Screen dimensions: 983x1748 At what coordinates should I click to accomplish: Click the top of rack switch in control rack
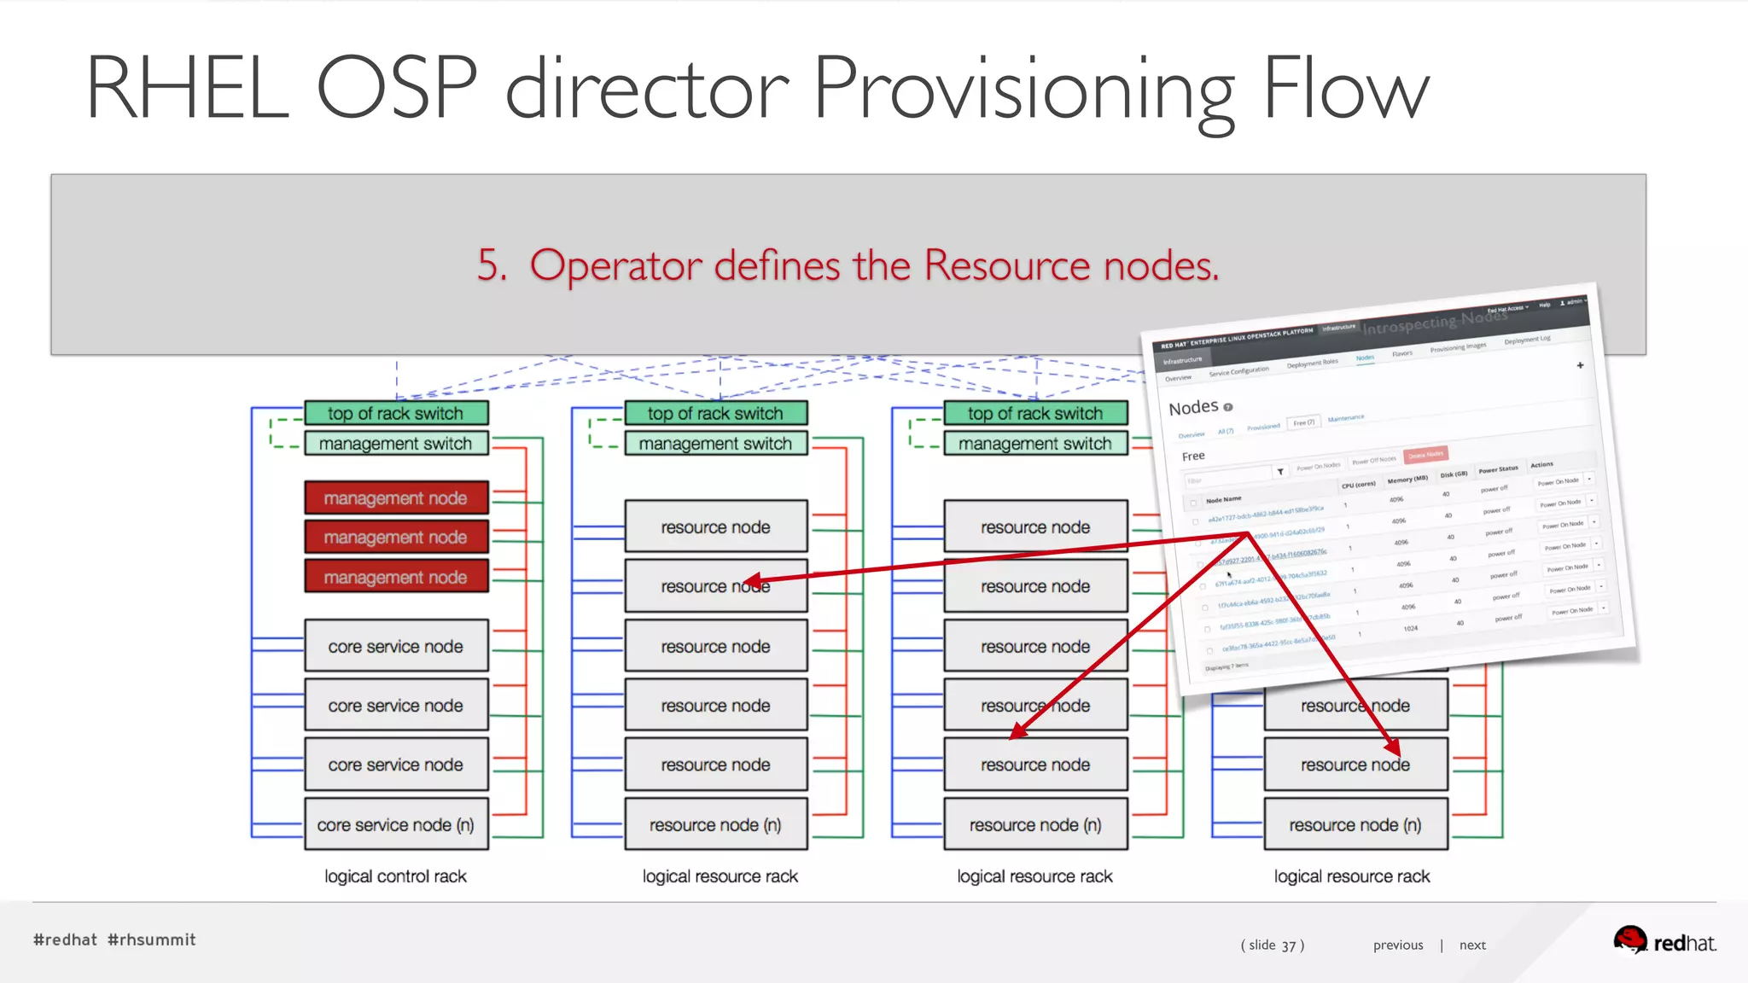(396, 413)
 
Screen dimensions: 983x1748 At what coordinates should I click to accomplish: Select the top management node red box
(396, 497)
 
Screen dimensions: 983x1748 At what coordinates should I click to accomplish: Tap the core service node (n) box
(396, 824)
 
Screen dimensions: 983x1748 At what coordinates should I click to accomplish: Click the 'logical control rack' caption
(395, 876)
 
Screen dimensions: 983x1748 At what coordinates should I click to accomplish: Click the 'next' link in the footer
(1472, 945)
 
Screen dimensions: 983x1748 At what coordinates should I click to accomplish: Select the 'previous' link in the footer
(1398, 945)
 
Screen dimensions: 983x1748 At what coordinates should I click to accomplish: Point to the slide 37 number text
(1273, 945)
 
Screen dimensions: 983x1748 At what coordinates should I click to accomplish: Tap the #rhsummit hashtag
(152, 939)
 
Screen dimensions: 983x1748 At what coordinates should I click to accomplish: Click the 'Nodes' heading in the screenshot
(1193, 407)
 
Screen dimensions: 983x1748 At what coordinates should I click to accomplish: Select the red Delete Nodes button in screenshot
(1425, 455)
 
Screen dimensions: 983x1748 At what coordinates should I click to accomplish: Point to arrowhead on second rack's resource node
(751, 580)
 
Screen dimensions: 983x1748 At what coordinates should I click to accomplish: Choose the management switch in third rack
(1035, 444)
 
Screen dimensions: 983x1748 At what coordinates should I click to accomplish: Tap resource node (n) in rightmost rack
(1355, 824)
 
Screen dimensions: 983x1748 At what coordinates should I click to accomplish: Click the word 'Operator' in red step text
(615, 265)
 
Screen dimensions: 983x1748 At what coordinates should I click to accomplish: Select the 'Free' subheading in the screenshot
(1193, 456)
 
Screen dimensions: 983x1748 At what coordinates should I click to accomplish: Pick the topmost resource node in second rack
(715, 526)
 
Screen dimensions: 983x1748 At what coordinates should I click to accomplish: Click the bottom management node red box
(396, 577)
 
